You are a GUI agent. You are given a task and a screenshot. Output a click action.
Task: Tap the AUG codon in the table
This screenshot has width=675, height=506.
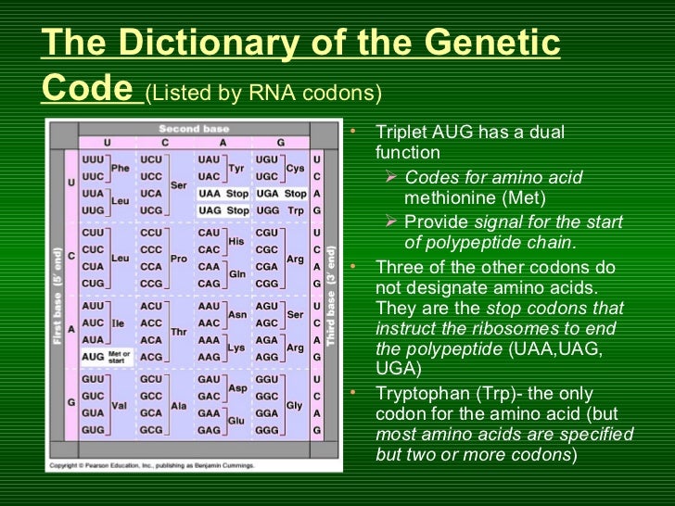pos(93,356)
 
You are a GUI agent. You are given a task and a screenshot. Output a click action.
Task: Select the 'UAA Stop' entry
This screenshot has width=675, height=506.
pos(223,194)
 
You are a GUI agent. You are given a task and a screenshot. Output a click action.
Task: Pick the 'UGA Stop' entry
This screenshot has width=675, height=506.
pos(280,194)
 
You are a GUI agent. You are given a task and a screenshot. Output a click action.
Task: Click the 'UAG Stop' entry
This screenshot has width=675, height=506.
pos(223,210)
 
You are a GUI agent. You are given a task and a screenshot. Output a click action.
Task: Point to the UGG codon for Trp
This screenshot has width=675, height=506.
pos(267,210)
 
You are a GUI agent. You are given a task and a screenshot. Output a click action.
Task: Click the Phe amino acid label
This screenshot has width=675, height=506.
pos(120,168)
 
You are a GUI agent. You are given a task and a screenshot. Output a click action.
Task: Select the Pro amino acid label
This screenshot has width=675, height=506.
pos(178,259)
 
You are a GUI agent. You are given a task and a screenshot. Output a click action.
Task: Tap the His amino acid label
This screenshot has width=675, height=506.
pos(236,241)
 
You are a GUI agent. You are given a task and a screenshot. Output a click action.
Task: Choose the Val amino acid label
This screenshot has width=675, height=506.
pos(120,405)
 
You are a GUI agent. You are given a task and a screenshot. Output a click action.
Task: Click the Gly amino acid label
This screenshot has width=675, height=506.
pos(295,405)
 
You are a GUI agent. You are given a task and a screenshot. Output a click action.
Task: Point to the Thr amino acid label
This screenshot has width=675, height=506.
pos(178,331)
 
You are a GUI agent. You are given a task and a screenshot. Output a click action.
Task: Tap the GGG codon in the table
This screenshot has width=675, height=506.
pos(267,431)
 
